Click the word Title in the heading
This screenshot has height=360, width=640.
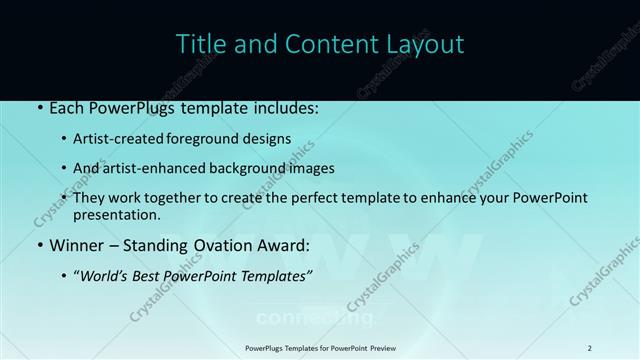[200, 44]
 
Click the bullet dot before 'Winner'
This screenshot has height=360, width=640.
[38, 245]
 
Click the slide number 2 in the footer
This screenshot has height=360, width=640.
[589, 347]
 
